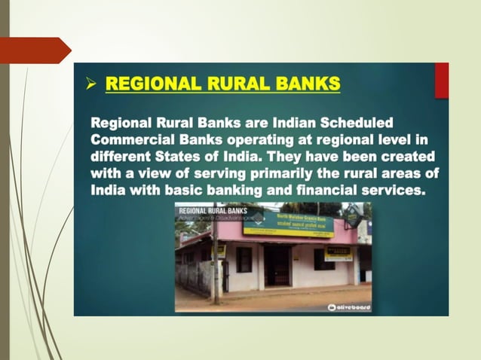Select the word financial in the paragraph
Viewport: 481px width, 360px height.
(312, 192)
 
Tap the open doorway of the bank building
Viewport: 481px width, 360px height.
(277, 264)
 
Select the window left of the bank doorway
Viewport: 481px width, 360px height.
(243, 259)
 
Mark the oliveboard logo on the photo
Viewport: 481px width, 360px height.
(349, 307)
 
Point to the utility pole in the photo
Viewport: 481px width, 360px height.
(216, 256)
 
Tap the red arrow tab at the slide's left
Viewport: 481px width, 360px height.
(35, 50)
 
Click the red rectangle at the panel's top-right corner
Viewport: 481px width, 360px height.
(442, 79)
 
